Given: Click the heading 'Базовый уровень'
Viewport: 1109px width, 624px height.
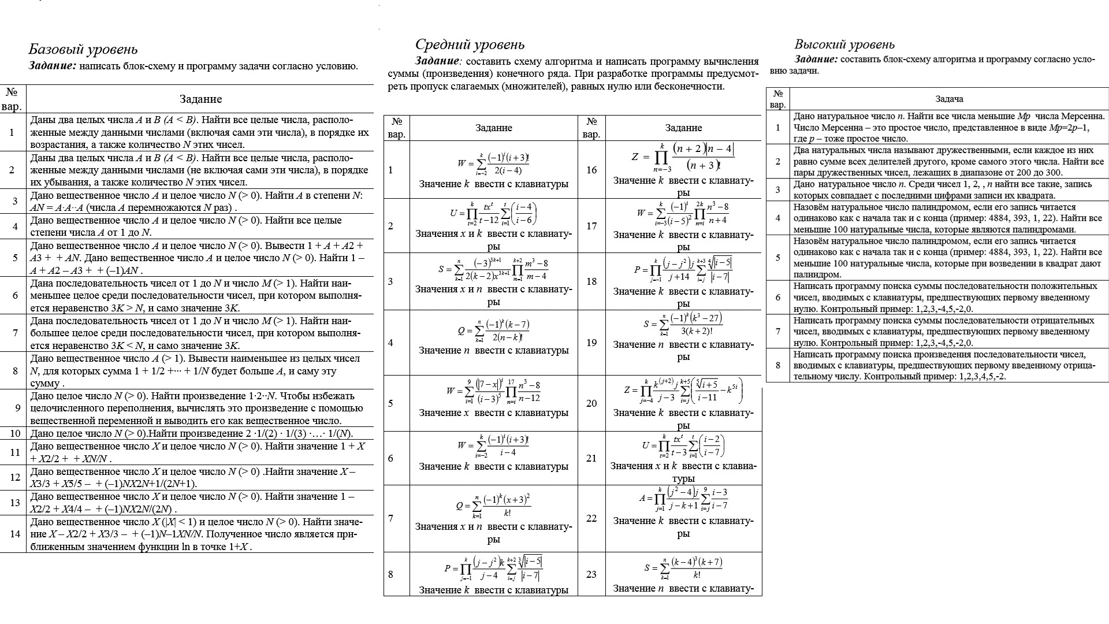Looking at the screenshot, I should tap(83, 50).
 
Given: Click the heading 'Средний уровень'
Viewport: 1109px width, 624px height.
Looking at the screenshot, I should tap(470, 44).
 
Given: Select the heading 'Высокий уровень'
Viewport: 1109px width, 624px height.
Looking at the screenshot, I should tap(844, 44).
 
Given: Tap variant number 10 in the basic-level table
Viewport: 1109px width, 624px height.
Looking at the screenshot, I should tap(15, 434).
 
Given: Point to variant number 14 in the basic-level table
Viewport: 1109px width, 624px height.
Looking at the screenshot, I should tap(15, 534).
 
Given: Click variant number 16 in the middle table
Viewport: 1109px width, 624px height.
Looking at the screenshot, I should tap(591, 170).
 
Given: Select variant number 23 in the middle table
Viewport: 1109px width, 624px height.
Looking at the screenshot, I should tap(591, 574).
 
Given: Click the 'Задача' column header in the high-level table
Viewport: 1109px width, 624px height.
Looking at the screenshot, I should tap(949, 99).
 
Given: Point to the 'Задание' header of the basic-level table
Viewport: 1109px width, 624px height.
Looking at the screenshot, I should tap(200, 99).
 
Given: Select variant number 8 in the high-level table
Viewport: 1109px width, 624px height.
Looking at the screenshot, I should tap(778, 365).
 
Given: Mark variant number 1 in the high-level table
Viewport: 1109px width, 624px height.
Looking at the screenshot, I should tap(778, 128).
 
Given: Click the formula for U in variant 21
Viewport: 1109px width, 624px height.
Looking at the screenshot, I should tap(683, 445).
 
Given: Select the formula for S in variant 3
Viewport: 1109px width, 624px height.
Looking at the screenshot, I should tap(493, 270).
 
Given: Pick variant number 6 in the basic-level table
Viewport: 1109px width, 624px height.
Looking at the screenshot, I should tap(15, 295).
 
